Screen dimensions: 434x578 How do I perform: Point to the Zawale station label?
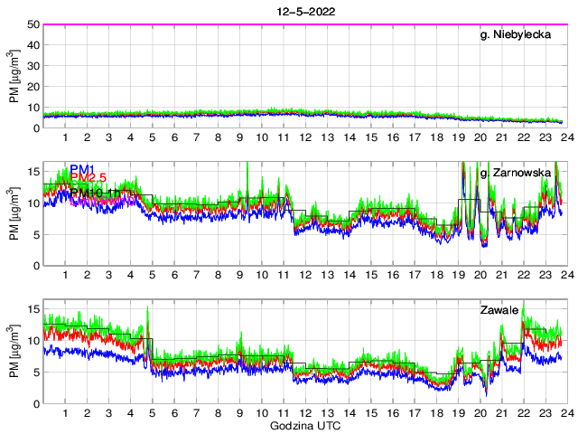click(499, 311)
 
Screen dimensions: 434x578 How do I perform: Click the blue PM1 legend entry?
click(82, 169)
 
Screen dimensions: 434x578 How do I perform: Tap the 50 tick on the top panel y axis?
click(33, 24)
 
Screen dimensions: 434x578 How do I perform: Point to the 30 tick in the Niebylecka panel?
click(33, 66)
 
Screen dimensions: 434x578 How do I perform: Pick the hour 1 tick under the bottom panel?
click(65, 413)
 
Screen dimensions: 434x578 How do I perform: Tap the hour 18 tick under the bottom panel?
click(436, 413)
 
